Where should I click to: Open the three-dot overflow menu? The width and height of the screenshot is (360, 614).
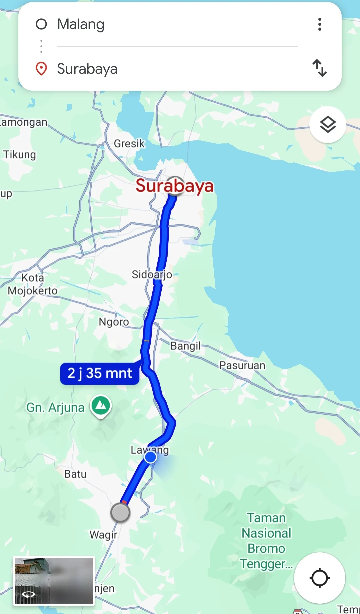[x=320, y=24]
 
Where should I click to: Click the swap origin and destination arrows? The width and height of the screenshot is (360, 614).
[x=320, y=68]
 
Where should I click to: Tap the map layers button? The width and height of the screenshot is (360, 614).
[x=328, y=125]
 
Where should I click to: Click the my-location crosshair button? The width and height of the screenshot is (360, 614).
[x=319, y=578]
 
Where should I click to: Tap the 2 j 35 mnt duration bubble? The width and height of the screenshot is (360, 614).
[x=100, y=374]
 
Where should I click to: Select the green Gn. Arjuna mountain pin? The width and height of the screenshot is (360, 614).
[x=101, y=406]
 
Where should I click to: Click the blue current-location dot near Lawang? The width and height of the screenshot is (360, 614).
[x=150, y=457]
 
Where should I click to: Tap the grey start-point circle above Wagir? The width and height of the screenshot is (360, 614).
[x=120, y=513]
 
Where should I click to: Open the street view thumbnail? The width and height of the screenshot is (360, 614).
[x=54, y=581]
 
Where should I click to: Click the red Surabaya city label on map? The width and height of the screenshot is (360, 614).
[x=174, y=186]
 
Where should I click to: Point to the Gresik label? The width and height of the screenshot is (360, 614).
[x=129, y=144]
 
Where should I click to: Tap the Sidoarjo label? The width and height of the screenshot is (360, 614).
[x=152, y=274]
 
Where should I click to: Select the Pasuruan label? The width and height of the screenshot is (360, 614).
[x=242, y=366]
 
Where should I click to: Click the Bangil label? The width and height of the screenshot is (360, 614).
[x=186, y=346]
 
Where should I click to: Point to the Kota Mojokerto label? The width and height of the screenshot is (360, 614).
[x=33, y=284]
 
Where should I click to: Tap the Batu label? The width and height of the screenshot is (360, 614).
[x=75, y=474]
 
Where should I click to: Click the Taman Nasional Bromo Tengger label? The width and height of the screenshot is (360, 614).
[x=266, y=541]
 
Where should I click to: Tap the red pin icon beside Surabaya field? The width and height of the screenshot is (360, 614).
[x=41, y=69]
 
